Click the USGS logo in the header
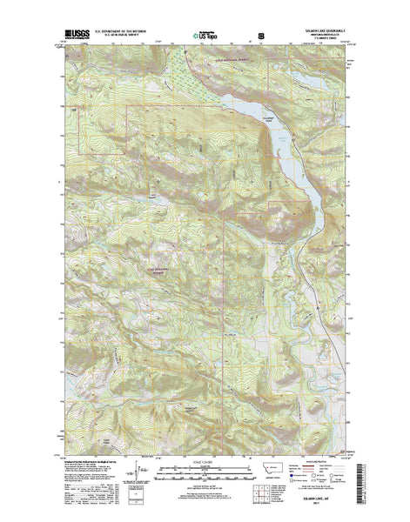pos(75,35)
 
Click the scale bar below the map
pos(205,471)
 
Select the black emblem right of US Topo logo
pos(260,35)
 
